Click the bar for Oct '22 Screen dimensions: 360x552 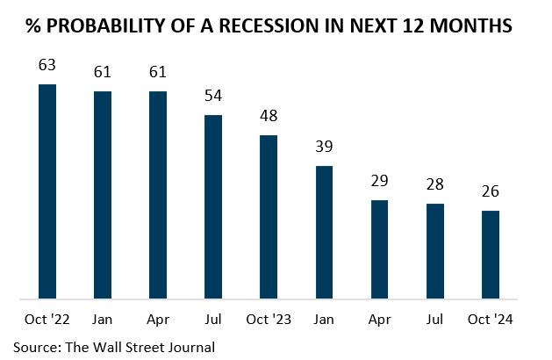click(x=47, y=191)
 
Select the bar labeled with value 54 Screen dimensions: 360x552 click(x=213, y=206)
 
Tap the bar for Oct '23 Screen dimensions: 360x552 click(x=269, y=217)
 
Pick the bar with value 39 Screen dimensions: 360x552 click(x=324, y=232)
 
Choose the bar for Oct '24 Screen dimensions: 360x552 click(x=490, y=255)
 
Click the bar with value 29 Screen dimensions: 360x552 click(x=379, y=249)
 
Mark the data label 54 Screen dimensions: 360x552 click(x=213, y=95)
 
